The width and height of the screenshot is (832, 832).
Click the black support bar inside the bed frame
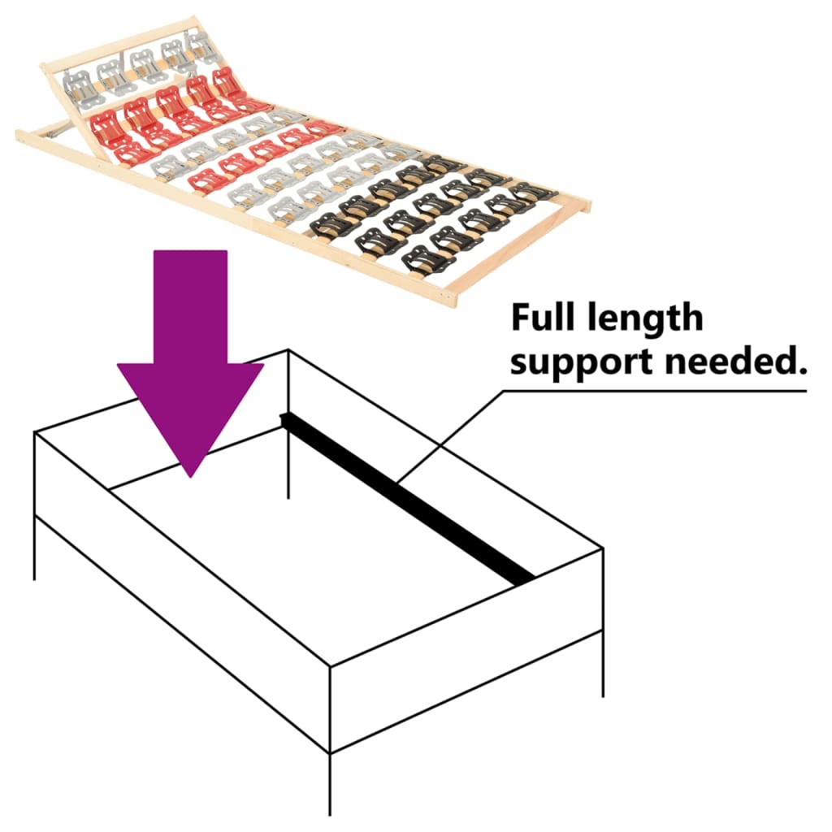click(x=406, y=496)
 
